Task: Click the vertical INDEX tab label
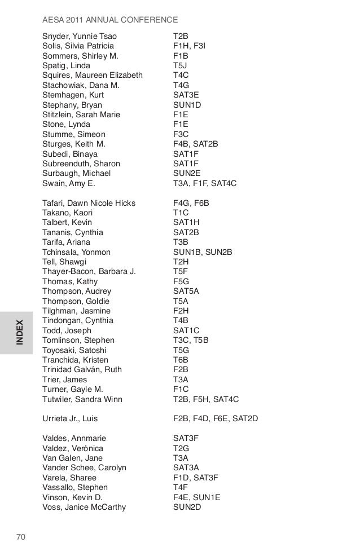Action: coord(19,333)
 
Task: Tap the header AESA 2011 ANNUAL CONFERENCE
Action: coord(110,20)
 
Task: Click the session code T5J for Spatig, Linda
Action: coord(180,65)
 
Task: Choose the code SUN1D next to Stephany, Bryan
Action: coord(187,105)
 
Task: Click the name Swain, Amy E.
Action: coord(69,183)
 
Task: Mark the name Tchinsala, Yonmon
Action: coord(76,252)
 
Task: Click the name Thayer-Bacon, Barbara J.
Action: coord(89,272)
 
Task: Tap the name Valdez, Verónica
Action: coord(73,448)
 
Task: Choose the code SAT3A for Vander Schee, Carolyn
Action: coord(186,467)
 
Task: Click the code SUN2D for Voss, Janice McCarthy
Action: coord(187,507)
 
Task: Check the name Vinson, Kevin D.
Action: coord(72,497)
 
